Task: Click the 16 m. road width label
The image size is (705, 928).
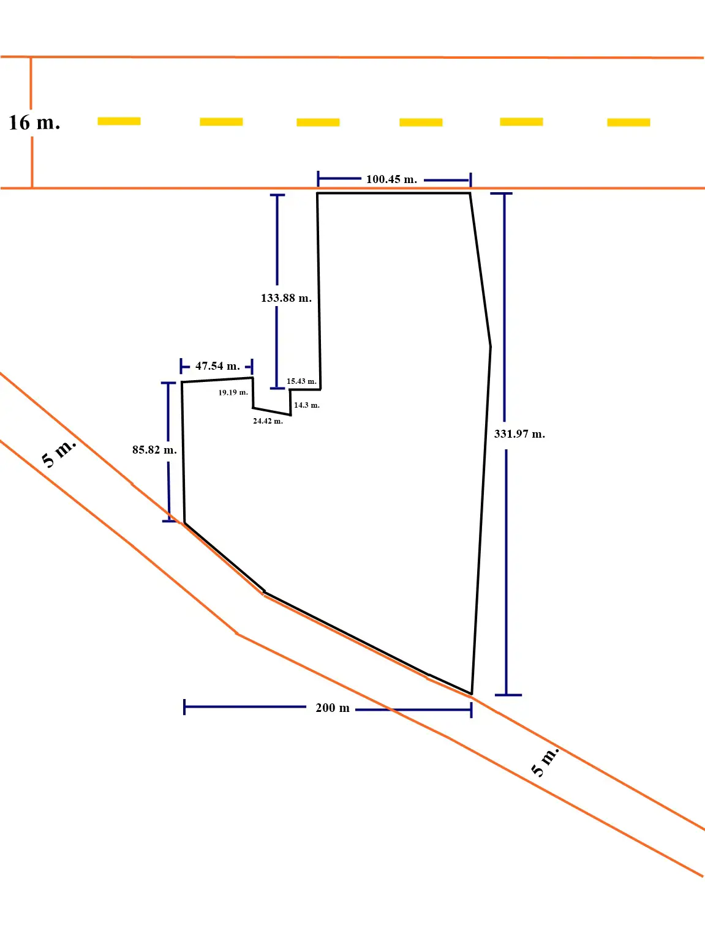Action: pos(34,122)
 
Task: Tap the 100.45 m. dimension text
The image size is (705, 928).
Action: pos(391,179)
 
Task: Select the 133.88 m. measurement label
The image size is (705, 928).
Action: pos(286,298)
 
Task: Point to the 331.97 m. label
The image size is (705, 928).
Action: pos(519,434)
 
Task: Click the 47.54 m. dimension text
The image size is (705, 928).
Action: pos(217,366)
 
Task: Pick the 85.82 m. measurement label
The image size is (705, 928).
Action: pos(154,450)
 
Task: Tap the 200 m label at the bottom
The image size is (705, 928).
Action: pos(333,708)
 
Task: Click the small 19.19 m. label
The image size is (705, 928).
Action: pos(233,392)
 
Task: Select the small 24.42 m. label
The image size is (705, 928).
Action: pos(268,421)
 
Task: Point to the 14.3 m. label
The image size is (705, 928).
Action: pos(306,405)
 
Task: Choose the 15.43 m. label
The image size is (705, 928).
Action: pos(301,381)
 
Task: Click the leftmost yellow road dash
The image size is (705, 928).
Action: pos(119,121)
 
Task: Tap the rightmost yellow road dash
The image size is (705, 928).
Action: pos(628,122)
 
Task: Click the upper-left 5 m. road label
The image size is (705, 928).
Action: pos(59,453)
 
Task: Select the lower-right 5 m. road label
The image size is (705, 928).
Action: pos(545,761)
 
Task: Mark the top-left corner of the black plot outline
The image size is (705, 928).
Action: pos(317,193)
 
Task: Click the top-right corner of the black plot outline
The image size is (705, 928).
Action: pos(470,193)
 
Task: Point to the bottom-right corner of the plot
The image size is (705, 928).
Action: pos(471,694)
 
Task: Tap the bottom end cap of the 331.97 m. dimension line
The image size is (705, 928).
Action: pos(508,695)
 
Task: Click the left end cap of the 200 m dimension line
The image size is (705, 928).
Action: pos(184,707)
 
